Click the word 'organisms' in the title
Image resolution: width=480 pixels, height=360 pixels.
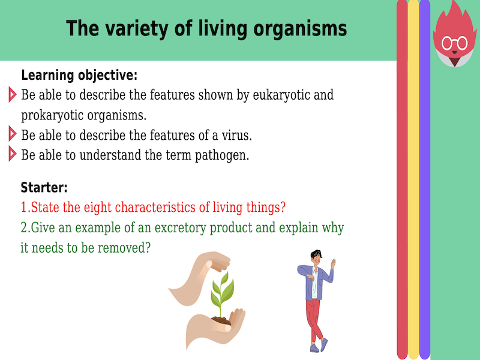point(301,28)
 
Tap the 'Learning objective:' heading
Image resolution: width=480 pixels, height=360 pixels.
point(79,76)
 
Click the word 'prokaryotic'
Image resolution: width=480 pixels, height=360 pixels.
point(52,115)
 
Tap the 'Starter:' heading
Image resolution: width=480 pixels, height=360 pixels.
point(44,187)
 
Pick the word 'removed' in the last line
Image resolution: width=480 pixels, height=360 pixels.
point(125,248)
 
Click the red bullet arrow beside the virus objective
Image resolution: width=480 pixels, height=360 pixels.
point(12,133)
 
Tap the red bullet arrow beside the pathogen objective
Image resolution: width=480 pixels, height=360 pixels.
point(12,154)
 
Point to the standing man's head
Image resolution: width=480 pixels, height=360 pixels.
point(316,256)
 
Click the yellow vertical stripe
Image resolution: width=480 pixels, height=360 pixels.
point(413,180)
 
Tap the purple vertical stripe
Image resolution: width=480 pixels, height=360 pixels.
point(425,180)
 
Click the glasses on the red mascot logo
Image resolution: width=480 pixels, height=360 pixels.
point(454,43)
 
